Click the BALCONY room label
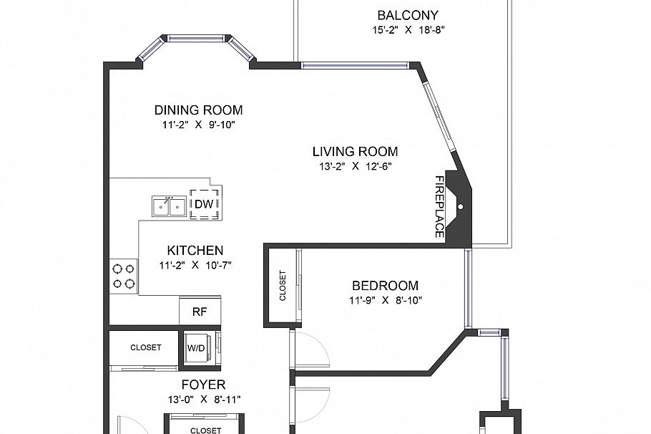[408, 15]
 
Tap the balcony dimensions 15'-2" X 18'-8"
[408, 30]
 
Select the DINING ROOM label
[198, 110]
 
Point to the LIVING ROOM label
[355, 152]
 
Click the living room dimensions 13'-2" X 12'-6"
[355, 166]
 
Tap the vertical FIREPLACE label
[440, 207]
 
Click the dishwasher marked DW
[204, 204]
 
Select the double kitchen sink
[169, 206]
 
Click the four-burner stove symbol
[123, 276]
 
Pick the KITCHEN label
[195, 251]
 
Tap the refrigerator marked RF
[200, 312]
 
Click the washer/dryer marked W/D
[197, 348]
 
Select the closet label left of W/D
[145, 347]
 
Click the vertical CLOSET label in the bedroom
[283, 285]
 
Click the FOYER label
[203, 385]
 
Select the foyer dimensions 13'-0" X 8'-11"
[203, 399]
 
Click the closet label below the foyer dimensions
[205, 430]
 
